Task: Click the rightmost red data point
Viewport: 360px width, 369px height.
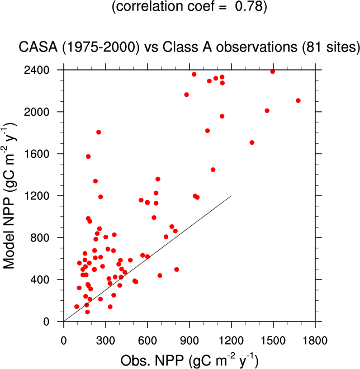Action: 298,101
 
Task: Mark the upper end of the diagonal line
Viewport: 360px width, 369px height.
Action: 231,196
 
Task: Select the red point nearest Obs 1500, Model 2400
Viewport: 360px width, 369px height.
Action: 272,72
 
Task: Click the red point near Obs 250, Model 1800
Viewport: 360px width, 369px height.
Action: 98,133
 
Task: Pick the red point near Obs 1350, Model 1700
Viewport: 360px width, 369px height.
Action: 252,143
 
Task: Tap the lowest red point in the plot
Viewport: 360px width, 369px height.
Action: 87,312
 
